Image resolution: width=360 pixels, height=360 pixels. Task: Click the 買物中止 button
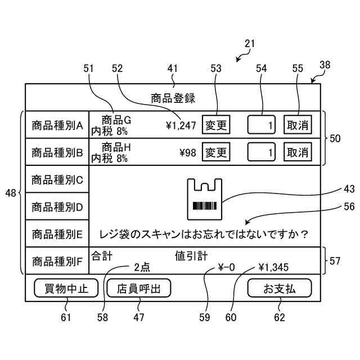[x=66, y=289]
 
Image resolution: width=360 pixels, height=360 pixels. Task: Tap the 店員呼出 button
[x=138, y=289]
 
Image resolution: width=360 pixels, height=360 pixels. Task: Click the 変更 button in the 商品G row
[x=216, y=125]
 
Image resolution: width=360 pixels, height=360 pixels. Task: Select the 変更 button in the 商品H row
[x=216, y=152]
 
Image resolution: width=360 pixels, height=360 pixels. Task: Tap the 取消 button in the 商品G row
[x=298, y=125]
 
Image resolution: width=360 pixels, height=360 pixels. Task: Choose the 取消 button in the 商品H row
[x=298, y=152]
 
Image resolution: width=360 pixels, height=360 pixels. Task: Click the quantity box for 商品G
[x=262, y=125]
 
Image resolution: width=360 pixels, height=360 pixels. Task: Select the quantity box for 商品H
[x=262, y=152]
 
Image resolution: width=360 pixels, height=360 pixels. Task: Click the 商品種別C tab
[x=57, y=180]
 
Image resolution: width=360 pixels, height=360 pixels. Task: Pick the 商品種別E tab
[x=57, y=233]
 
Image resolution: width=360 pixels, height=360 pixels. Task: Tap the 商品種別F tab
[x=57, y=261]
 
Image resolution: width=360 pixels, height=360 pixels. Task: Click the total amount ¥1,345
[x=274, y=267]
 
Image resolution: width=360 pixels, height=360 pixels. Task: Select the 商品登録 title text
[x=173, y=98]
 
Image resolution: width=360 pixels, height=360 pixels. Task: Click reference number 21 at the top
[x=250, y=43]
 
